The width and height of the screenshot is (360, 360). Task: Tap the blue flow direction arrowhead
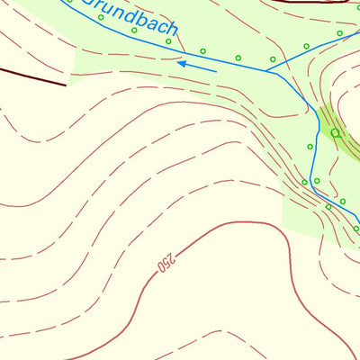click(x=180, y=63)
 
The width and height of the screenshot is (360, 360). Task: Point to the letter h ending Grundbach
click(x=171, y=30)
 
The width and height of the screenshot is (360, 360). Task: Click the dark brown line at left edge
click(x=27, y=75)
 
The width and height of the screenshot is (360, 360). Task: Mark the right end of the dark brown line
click(x=67, y=85)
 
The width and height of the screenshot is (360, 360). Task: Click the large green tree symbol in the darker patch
click(x=336, y=132)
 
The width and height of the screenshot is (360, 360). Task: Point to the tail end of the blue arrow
click(x=216, y=70)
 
